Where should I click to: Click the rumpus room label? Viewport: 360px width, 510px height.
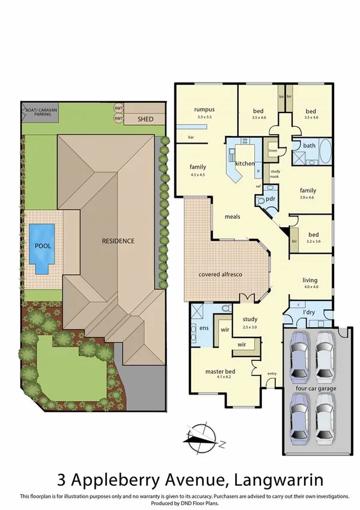pyautogui.click(x=204, y=109)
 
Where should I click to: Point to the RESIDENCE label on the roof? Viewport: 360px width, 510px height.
pyautogui.click(x=117, y=241)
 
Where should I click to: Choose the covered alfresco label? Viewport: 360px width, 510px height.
pyautogui.click(x=220, y=275)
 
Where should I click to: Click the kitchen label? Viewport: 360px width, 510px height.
pyautogui.click(x=245, y=164)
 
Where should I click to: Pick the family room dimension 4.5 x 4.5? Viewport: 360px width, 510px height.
pyautogui.click(x=198, y=174)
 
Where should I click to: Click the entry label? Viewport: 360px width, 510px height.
pyautogui.click(x=272, y=374)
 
